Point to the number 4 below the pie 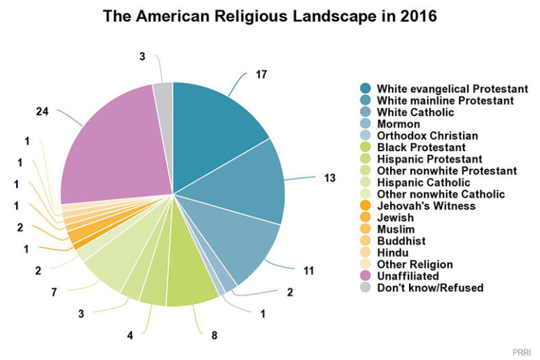click(x=130, y=335)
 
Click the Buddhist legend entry click(x=401, y=241)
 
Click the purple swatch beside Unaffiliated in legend click(x=366, y=276)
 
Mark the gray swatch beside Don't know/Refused click(x=366, y=288)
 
